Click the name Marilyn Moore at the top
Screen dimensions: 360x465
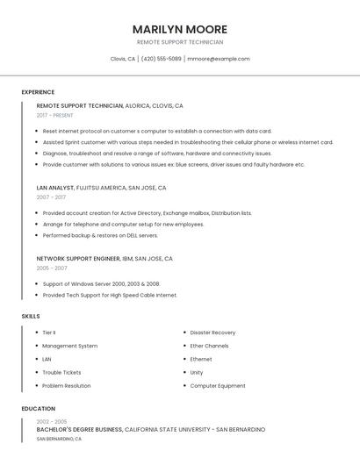pyautogui.click(x=180, y=29)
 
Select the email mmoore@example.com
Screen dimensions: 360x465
pyautogui.click(x=219, y=59)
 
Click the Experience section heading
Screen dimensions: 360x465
pyautogui.click(x=38, y=92)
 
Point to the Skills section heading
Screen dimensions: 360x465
pyautogui.click(x=31, y=316)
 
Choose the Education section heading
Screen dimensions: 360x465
pyautogui.click(x=39, y=409)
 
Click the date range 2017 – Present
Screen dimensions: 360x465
pyautogui.click(x=54, y=115)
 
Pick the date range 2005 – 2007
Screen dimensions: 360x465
pyautogui.click(x=52, y=268)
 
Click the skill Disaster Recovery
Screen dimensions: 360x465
pyautogui.click(x=212, y=333)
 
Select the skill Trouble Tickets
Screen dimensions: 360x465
pyautogui.click(x=61, y=372)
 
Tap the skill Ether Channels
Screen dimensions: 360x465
pyautogui.click(x=209, y=346)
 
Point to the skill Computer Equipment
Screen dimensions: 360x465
pyautogui.click(x=218, y=385)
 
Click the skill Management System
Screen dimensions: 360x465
pyautogui.click(x=69, y=346)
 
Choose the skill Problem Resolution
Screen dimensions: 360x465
pyautogui.click(x=66, y=385)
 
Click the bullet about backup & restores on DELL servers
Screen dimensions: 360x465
pyautogui.click(x=100, y=235)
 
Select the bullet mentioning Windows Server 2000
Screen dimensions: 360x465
pyautogui.click(x=101, y=284)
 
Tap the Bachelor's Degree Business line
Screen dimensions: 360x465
pyautogui.click(x=80, y=430)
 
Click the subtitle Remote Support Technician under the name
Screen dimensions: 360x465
pyautogui.click(x=180, y=42)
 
